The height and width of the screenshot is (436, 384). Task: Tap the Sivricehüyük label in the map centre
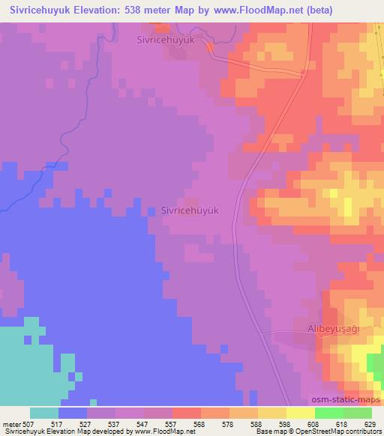[190, 211]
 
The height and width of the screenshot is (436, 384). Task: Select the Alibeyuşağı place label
[335, 328]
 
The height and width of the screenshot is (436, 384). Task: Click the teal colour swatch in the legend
[44, 413]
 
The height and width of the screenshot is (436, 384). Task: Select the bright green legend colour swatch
[329, 413]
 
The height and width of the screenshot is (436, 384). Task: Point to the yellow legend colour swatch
[301, 413]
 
